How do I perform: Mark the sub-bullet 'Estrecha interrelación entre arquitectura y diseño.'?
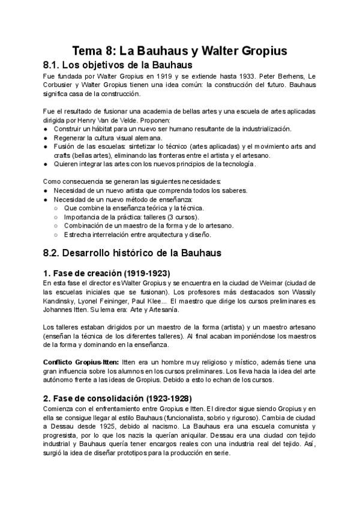coord(137,233)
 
